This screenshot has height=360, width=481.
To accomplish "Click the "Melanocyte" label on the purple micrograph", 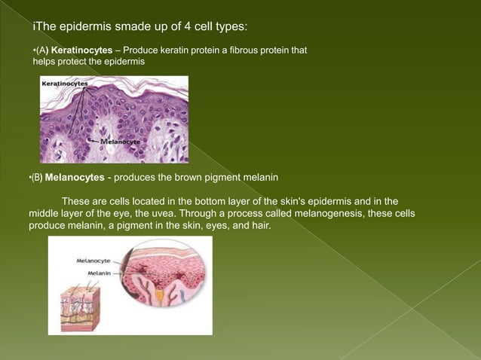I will coord(120,141).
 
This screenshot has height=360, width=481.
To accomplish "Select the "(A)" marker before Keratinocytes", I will coord(41,50).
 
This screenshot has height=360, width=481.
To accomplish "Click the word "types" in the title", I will coord(228,28).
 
